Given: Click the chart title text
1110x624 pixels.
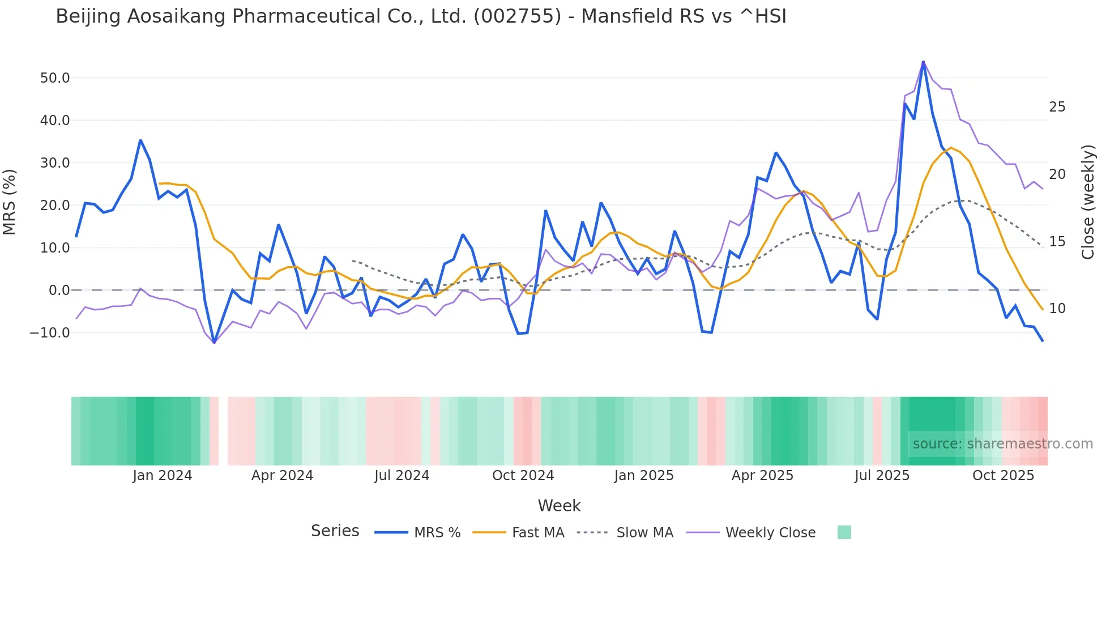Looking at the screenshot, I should (x=421, y=16).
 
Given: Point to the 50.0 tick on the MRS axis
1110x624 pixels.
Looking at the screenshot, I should (x=55, y=78).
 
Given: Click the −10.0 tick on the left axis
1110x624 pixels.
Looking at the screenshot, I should (x=50, y=333).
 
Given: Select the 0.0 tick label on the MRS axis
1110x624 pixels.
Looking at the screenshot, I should (x=59, y=290).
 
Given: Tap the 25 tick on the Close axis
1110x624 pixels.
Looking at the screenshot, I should (x=1057, y=107).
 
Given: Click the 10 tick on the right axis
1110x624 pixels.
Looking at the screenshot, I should (x=1057, y=309).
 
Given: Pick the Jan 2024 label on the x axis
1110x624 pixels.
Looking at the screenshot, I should (x=163, y=476).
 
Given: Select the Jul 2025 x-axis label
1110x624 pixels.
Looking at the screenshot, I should (x=882, y=476).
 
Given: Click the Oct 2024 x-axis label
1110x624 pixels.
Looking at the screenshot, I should (x=523, y=476).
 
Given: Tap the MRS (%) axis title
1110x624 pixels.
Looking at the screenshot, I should (x=10, y=202).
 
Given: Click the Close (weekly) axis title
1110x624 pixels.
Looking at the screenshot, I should (x=1088, y=202).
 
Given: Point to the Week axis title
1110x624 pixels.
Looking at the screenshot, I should (x=559, y=506).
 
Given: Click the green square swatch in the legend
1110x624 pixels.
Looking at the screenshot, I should (x=844, y=532).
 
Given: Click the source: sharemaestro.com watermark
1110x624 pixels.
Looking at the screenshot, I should (x=1002, y=444).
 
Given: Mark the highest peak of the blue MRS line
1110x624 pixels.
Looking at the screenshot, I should (x=923, y=62).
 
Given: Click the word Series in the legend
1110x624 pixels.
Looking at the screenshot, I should (x=335, y=531).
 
